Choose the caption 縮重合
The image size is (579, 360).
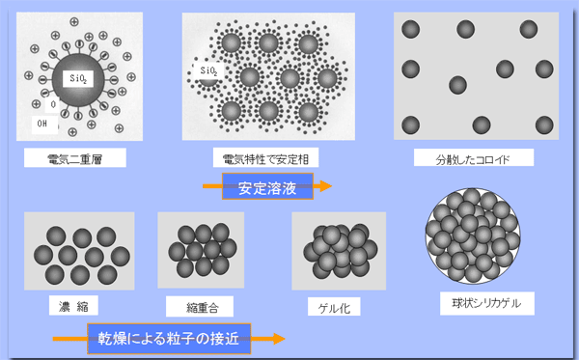click(x=196, y=307)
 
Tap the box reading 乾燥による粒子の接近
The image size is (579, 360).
click(x=167, y=338)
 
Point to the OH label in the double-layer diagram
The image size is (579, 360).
click(x=41, y=123)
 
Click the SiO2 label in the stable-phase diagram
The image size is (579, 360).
click(x=207, y=70)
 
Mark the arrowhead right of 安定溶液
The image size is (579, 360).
click(x=325, y=185)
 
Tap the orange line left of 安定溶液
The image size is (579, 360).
click(x=211, y=185)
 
